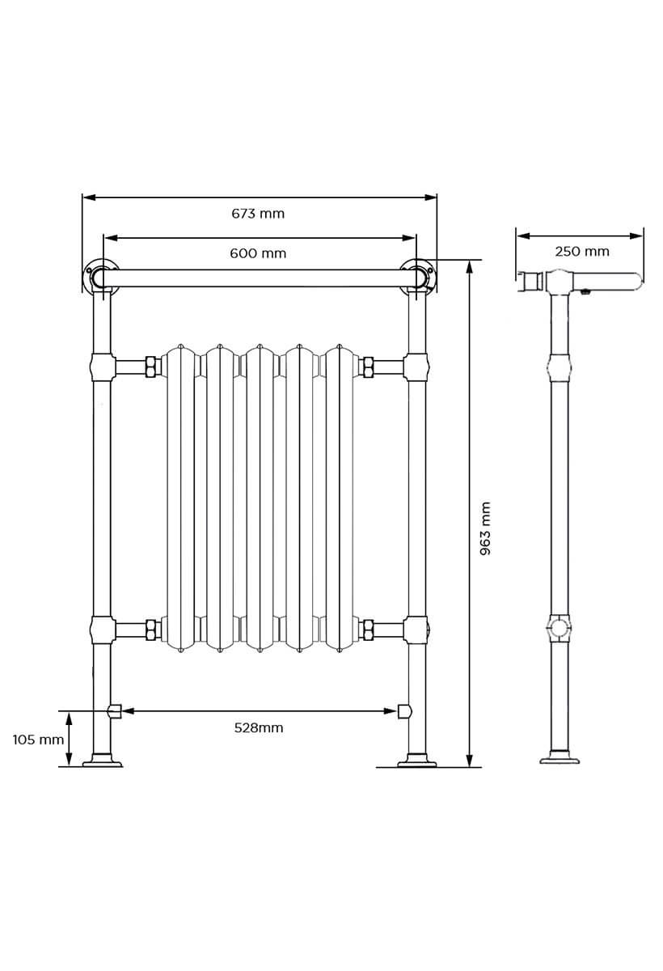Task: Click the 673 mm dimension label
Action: (258, 214)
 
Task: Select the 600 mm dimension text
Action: (258, 253)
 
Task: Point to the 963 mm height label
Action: (485, 528)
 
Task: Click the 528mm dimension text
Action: (259, 727)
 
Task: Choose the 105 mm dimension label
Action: (38, 740)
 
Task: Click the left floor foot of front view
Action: (102, 760)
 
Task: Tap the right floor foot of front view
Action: (416, 760)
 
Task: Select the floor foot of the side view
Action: (560, 759)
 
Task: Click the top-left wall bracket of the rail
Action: (99, 275)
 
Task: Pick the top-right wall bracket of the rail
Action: (419, 275)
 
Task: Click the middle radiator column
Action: (259, 498)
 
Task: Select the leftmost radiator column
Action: (180, 498)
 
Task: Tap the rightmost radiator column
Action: (339, 498)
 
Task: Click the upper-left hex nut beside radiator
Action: (150, 367)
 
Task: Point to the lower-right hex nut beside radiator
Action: (367, 630)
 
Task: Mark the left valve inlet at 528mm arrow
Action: (114, 711)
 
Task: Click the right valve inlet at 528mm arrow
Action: (404, 711)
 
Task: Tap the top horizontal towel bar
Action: (259, 278)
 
